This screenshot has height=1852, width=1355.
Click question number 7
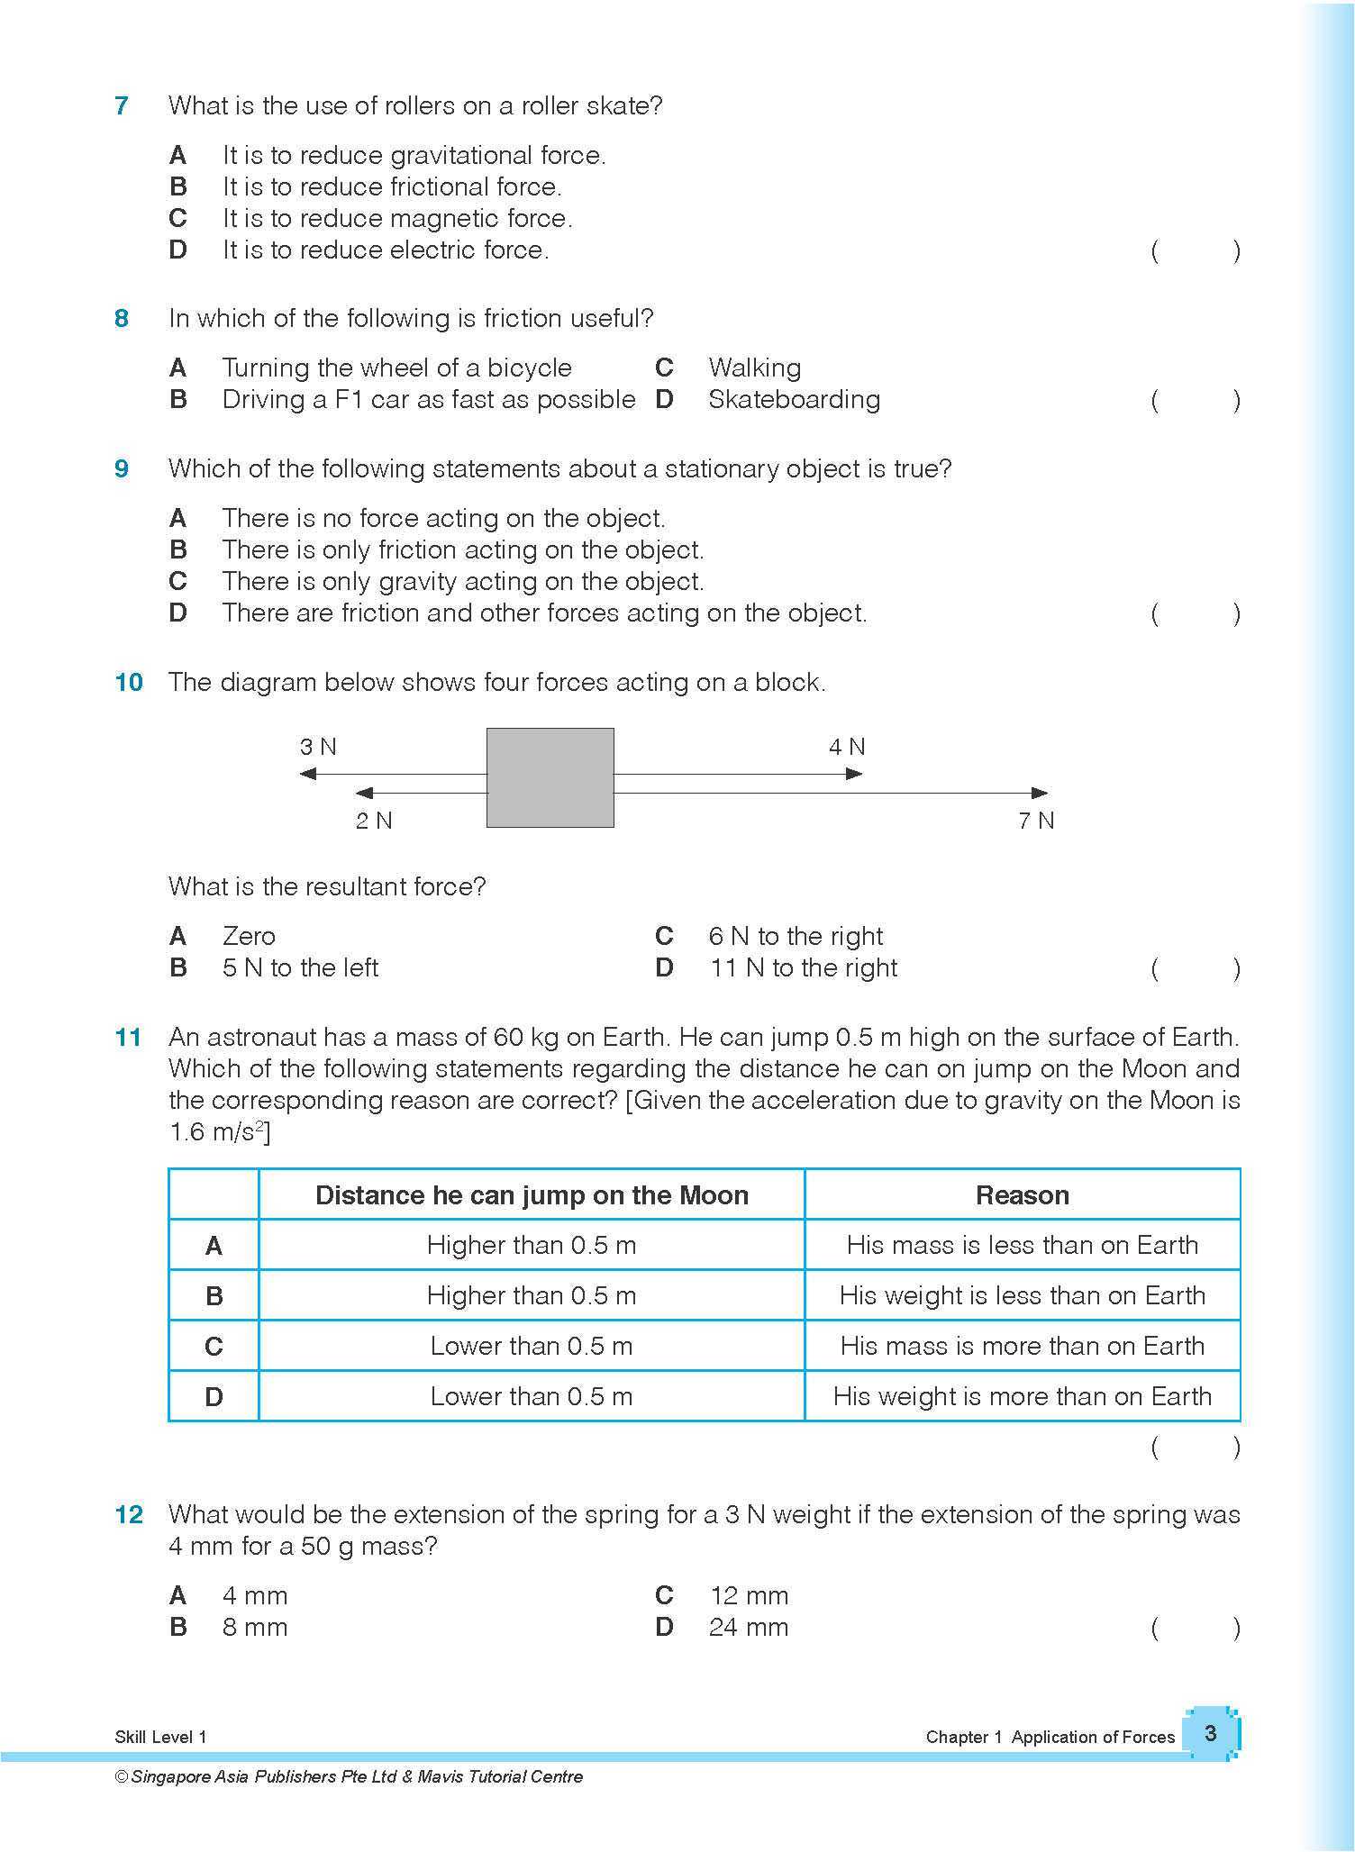[122, 106]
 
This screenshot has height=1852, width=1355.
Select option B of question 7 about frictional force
[391, 187]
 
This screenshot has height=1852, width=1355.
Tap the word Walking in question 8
[754, 368]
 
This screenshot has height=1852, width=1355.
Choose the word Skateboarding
[794, 399]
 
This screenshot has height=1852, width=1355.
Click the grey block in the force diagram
[550, 777]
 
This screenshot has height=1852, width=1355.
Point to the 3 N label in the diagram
[318, 747]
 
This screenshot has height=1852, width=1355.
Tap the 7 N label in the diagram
[1036, 821]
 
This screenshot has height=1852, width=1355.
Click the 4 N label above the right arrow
[847, 747]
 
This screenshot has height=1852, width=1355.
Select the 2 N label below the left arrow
[374, 821]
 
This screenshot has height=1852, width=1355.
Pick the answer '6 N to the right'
[796, 936]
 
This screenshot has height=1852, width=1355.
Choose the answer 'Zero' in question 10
[249, 936]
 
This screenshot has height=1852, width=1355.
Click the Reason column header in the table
[1022, 1195]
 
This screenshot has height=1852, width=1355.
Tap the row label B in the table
[214, 1296]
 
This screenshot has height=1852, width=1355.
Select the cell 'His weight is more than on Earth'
[1022, 1396]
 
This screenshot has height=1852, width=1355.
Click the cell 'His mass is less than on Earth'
[1022, 1245]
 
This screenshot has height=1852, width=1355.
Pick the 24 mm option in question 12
[748, 1627]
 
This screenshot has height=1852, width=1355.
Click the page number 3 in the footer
[1210, 1733]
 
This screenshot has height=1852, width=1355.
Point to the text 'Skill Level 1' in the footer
[160, 1737]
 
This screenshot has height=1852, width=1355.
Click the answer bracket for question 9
[1196, 614]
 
